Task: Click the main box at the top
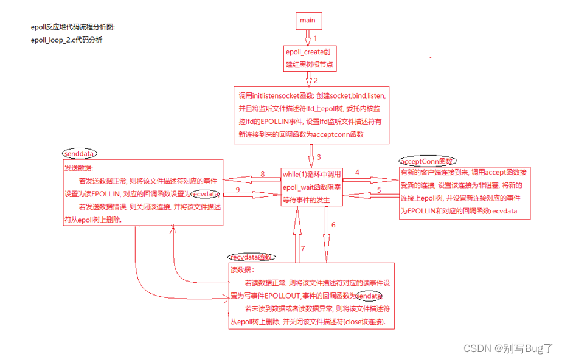coord(308,21)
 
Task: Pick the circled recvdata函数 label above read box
coord(252,257)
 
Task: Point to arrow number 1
coord(315,38)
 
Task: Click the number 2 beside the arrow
coord(316,80)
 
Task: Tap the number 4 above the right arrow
coord(357,172)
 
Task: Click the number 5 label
coord(378,190)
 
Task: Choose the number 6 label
coord(333,224)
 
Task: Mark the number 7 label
coord(302,249)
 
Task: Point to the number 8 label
coord(262,175)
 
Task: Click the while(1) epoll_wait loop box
coord(311,186)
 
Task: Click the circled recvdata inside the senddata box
coord(205,194)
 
